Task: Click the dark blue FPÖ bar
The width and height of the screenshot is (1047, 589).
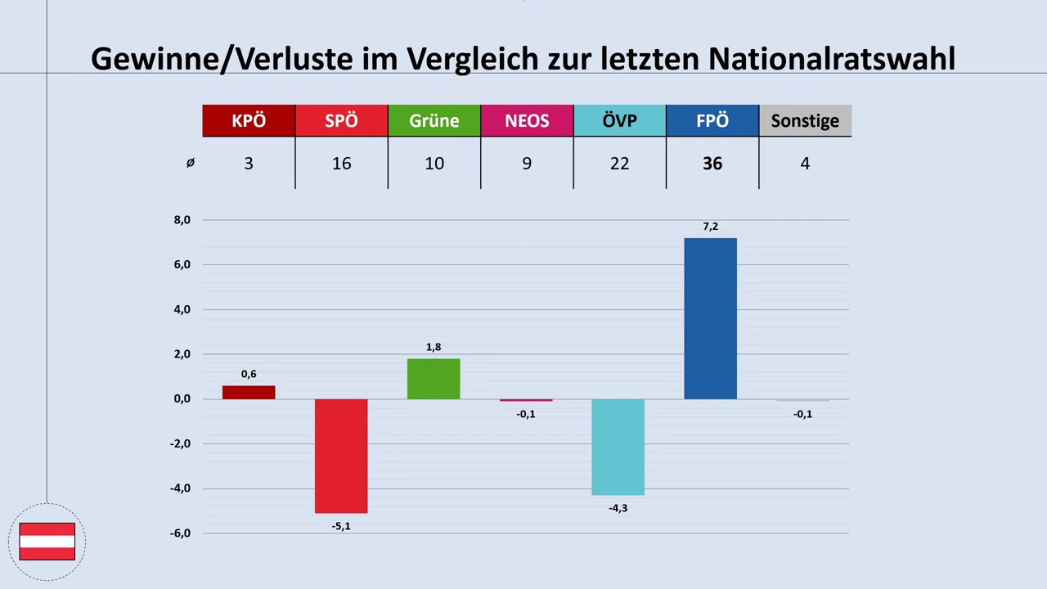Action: click(710, 318)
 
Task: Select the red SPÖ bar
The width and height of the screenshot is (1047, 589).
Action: click(341, 456)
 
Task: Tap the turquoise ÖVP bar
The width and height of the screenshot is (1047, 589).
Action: click(618, 447)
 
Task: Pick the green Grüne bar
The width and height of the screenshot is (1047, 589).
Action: click(434, 379)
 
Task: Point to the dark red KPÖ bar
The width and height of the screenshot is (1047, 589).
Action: click(249, 393)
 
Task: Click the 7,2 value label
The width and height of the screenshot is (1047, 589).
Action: click(710, 227)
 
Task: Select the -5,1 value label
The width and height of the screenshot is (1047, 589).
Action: click(341, 526)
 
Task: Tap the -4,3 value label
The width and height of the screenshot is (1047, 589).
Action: click(618, 508)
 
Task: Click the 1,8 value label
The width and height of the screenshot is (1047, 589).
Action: click(434, 348)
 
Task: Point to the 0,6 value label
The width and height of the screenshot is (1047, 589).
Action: click(249, 374)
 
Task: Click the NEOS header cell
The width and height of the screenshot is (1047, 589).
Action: click(527, 121)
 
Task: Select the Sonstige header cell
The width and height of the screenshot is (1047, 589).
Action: click(805, 121)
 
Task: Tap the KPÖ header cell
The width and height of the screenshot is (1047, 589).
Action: click(249, 121)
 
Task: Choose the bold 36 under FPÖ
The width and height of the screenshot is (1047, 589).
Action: click(712, 164)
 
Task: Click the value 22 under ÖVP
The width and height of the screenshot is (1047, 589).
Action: click(619, 164)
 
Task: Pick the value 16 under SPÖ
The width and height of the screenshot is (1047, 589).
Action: click(341, 164)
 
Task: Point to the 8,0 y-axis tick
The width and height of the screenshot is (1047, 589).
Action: click(182, 220)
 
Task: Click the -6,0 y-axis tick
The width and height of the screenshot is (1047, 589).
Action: click(180, 533)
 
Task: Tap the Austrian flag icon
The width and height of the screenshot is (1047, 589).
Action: click(47, 542)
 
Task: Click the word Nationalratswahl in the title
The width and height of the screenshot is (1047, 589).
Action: click(831, 59)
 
